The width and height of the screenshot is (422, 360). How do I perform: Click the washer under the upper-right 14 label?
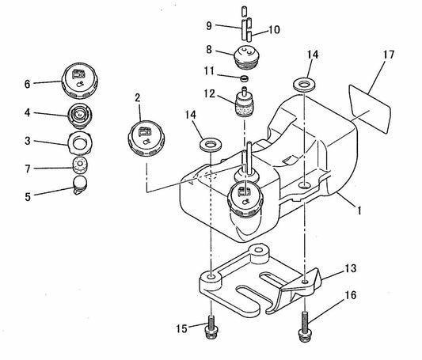point(306,83)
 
